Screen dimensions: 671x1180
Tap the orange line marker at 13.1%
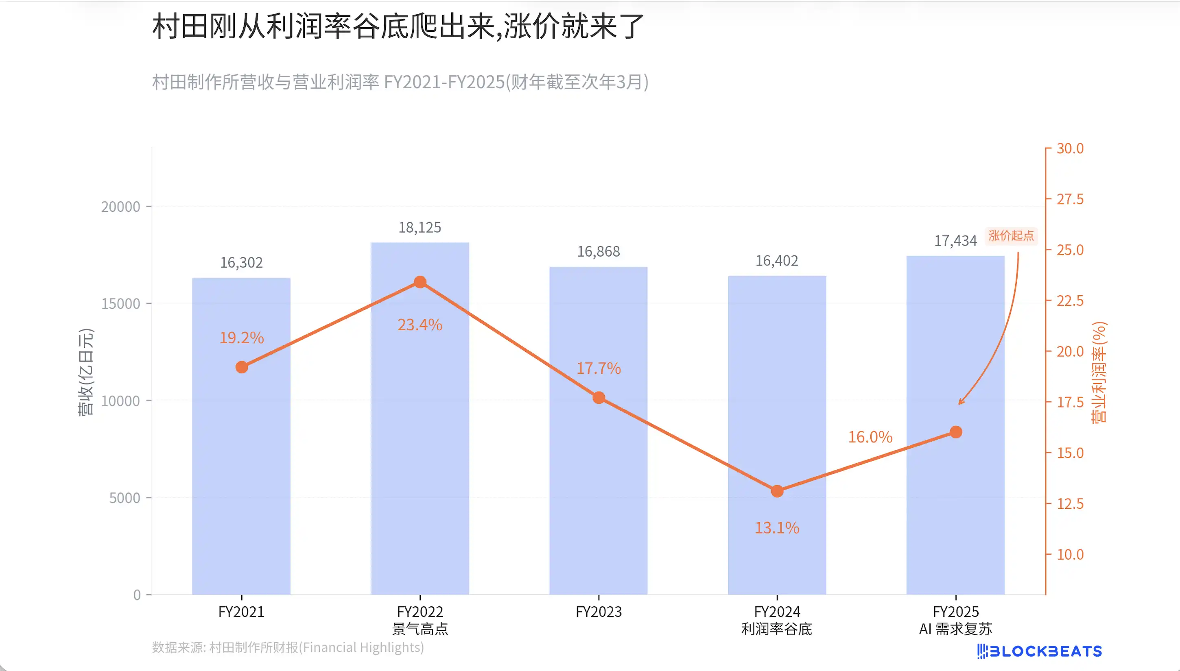777,491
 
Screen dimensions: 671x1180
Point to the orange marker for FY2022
420,282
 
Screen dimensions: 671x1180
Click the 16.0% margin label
870,437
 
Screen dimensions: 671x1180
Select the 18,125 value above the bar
420,228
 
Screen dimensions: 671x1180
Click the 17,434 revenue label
955,241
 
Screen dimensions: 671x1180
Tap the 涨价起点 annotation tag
1011,236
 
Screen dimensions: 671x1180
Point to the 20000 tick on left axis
120,207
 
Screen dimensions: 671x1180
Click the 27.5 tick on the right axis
1070,200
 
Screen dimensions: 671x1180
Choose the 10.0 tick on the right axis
1070,554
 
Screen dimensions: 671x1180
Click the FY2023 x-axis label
599,612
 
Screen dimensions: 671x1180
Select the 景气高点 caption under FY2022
420,629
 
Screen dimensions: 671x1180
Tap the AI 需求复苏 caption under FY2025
955,629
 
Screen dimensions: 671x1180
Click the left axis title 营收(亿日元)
86,373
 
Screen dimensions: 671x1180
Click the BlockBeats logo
1039,651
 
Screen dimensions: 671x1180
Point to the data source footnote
288,647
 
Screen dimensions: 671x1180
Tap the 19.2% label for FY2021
241,338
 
